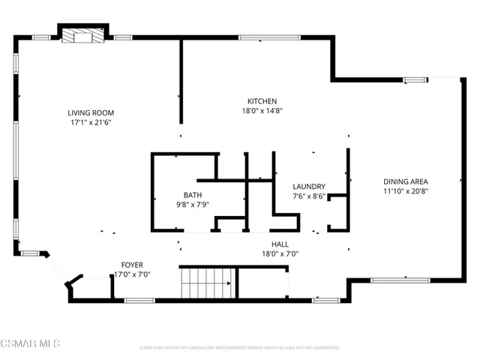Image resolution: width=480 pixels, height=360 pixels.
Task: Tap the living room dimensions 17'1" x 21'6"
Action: coord(91,122)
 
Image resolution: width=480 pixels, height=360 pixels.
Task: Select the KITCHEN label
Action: coord(262,101)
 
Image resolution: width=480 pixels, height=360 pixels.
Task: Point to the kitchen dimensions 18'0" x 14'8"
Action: coord(262,111)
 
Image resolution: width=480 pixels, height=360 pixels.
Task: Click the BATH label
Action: coord(183,194)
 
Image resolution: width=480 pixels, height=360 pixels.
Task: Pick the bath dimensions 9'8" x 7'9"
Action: coord(183,204)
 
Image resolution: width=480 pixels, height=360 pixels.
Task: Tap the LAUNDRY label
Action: coord(309,187)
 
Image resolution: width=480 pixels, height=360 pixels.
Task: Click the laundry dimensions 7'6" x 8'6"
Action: coord(309,197)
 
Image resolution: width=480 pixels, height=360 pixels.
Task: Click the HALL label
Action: coord(280,244)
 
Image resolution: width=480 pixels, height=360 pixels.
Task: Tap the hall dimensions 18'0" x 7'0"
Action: coord(280,253)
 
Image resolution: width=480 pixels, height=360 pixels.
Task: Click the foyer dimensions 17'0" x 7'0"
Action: coord(132,274)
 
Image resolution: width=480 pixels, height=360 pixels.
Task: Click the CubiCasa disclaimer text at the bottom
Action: coord(240,348)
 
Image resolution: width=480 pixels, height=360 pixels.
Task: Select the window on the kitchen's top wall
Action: coord(269,37)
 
